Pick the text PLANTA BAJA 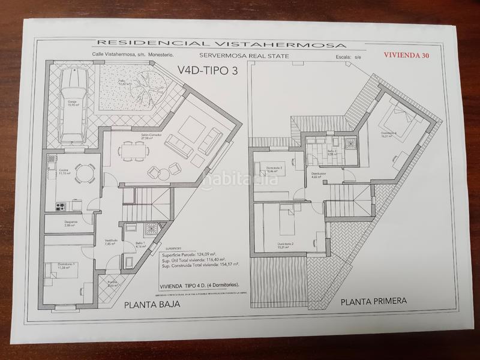click(152, 305)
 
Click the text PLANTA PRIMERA click(374, 301)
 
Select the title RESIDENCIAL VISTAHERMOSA click(221, 43)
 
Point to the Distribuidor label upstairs click(319, 175)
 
